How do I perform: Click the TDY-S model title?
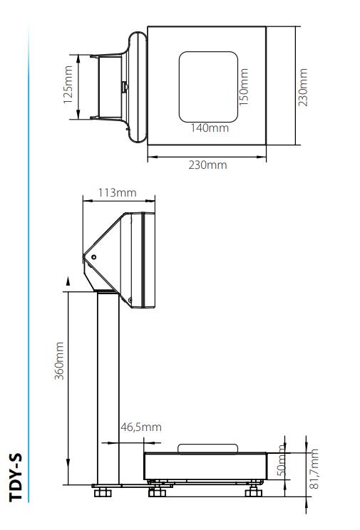pos(16,476)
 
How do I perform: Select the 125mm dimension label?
pos(68,86)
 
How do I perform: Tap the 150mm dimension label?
pos(244,86)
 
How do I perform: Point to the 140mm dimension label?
pos(209,128)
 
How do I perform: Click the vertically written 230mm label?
pos(304,86)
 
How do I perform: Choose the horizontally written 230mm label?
pos(207,165)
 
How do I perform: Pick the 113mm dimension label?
pos(117,193)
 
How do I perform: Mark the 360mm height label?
pos(60,360)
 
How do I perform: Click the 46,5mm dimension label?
pos(140,427)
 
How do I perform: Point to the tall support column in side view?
pos(108,388)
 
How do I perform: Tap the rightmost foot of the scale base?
pos(252,492)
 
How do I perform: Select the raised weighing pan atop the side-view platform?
pos(207,448)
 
